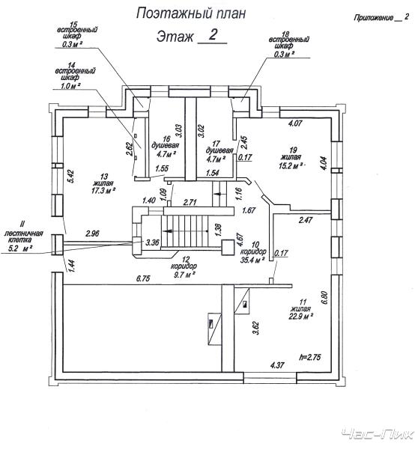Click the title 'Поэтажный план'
tap(191, 13)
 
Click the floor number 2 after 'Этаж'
tap(213, 35)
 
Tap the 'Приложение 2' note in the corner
tap(381, 17)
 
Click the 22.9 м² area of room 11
tap(300, 316)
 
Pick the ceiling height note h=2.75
tap(309, 357)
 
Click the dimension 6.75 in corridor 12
tap(143, 278)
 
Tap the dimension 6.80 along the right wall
tap(324, 299)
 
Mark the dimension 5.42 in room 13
tap(70, 176)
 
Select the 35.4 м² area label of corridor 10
tap(252, 260)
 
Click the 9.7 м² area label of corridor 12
tap(187, 275)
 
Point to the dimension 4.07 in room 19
tap(295, 123)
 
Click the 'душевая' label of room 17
tap(219, 150)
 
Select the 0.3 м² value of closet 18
tap(285, 54)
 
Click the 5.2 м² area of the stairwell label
tap(20, 248)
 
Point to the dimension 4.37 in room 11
tap(277, 365)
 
